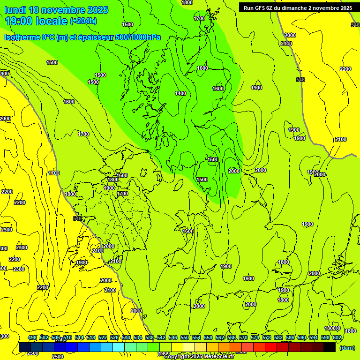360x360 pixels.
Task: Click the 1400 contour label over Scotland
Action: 180,93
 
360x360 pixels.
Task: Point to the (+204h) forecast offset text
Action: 83,21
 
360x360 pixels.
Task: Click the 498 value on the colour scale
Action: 32,338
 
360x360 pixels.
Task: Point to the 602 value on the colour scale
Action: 337,338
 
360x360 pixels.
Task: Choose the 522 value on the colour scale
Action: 103,338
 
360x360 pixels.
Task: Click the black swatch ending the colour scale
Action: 330,347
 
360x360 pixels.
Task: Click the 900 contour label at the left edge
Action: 4,74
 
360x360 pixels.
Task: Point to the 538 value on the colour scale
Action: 150,338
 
